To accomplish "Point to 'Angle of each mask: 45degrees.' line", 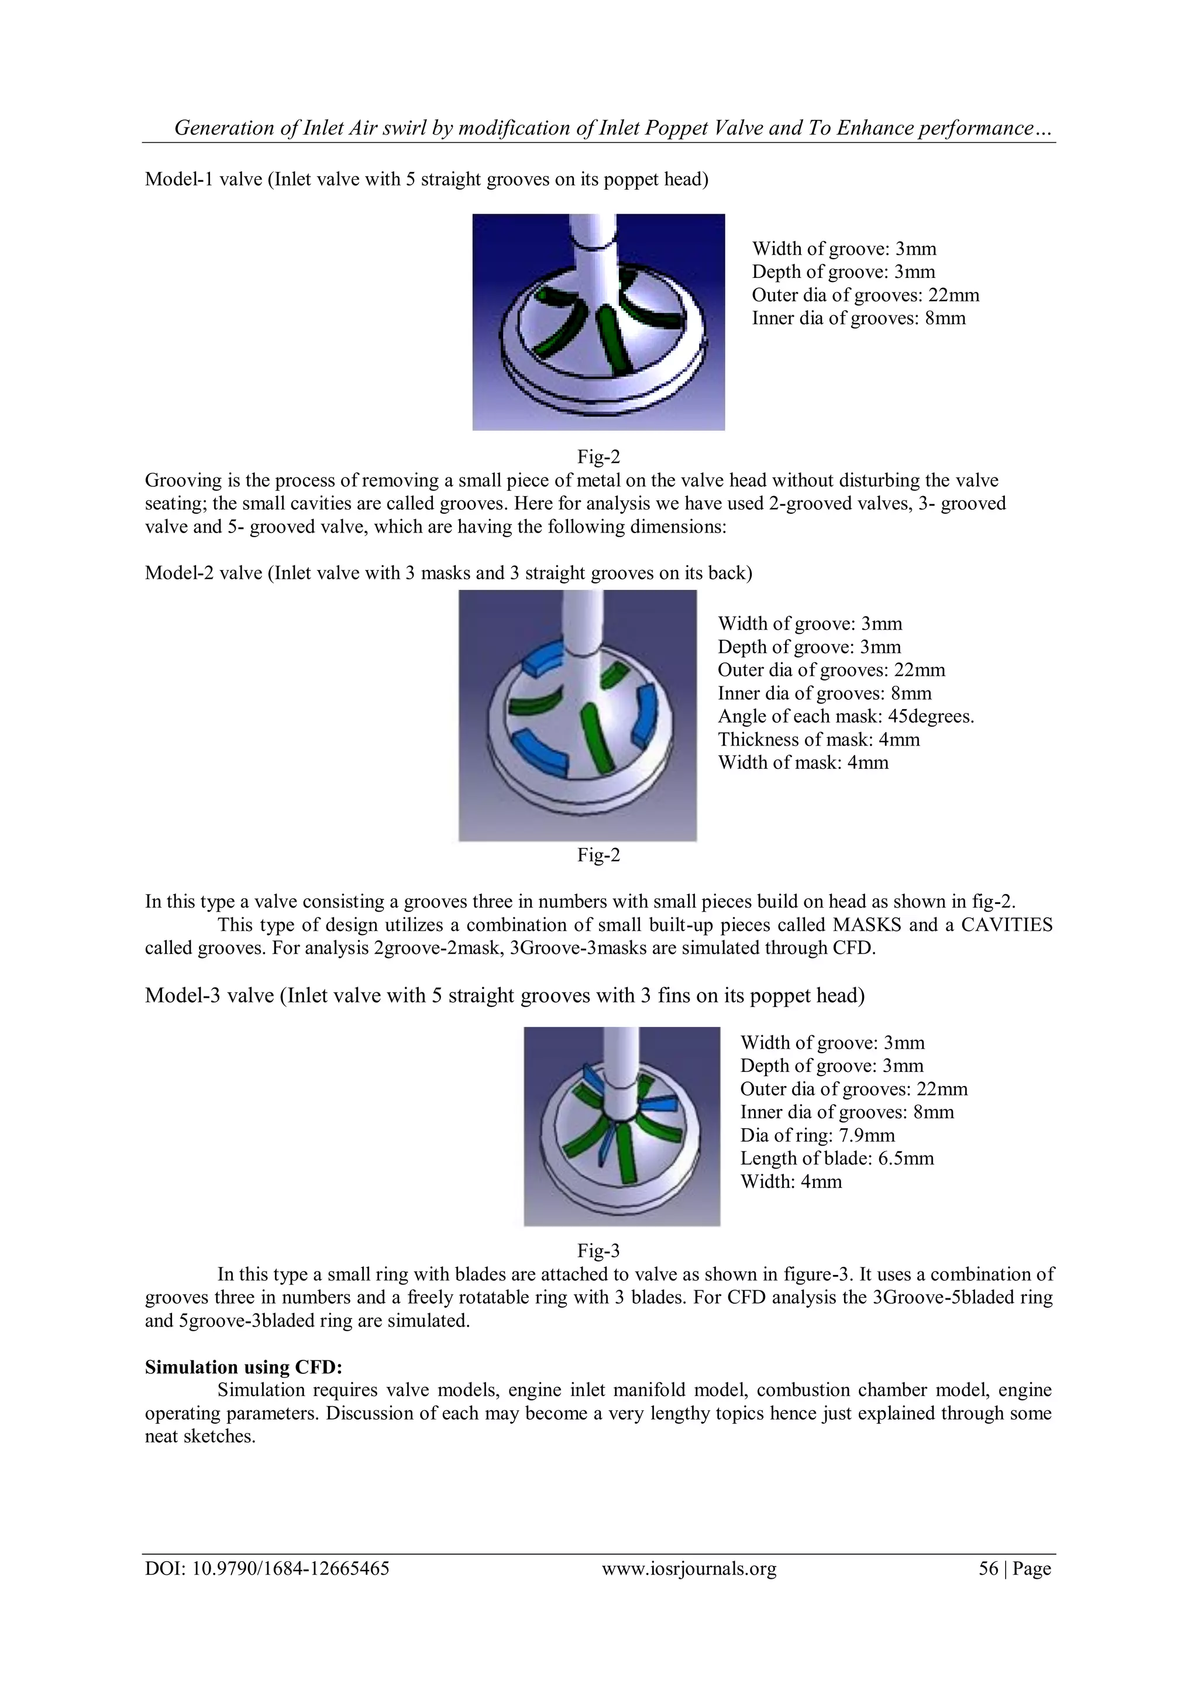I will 846,716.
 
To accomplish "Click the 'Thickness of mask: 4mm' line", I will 819,739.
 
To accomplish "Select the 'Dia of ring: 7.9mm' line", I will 817,1136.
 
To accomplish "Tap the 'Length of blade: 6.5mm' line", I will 836,1159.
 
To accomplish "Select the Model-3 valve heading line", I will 505,996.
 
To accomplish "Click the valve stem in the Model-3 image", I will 619,1063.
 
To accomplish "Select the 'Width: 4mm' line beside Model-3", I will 791,1181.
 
